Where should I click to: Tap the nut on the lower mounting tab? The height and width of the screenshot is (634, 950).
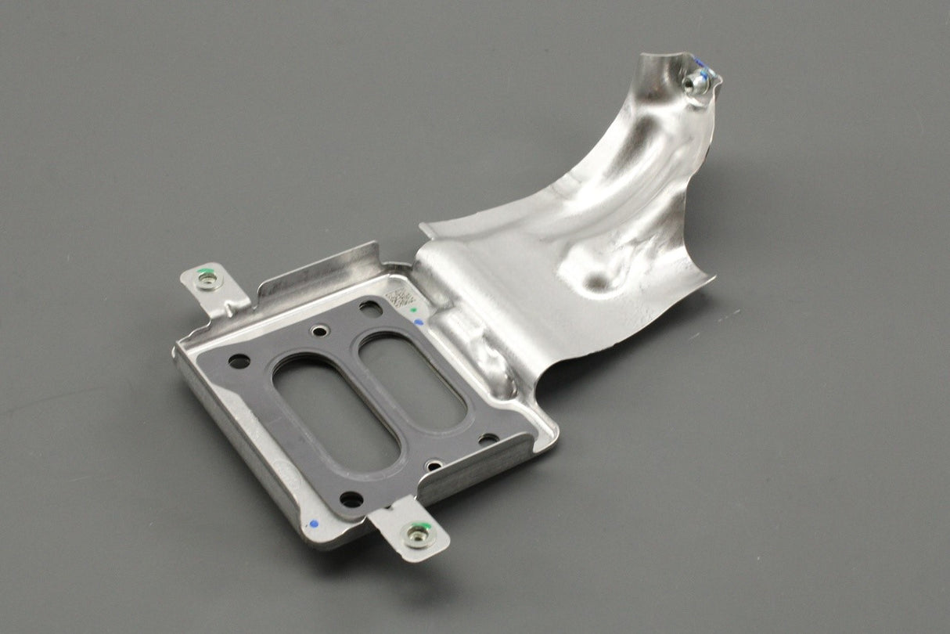click(x=416, y=535)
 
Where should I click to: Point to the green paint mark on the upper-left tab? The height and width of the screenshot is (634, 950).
click(x=204, y=273)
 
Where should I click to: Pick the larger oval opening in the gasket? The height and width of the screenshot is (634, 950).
click(x=336, y=412)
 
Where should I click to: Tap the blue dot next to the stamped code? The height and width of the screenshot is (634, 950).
click(x=419, y=322)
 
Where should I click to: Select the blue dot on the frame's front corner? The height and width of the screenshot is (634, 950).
click(x=313, y=523)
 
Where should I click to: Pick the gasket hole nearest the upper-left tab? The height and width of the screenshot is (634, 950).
click(x=239, y=362)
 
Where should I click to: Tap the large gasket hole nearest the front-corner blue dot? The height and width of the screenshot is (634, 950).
click(x=351, y=499)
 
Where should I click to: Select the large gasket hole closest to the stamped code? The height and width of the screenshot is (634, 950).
click(x=370, y=308)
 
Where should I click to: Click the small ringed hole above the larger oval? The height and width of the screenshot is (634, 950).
click(x=320, y=332)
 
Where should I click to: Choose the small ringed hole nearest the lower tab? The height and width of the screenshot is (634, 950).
click(x=434, y=466)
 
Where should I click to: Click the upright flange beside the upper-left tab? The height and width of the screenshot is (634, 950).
click(x=317, y=270)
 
